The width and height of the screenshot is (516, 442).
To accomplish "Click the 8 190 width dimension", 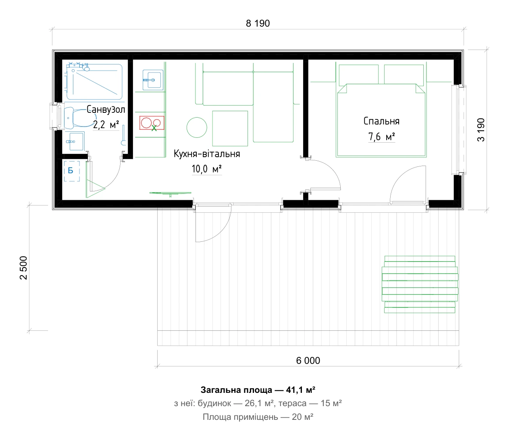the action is click(x=258, y=23).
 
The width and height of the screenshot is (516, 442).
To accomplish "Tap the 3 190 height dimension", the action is click(x=481, y=130).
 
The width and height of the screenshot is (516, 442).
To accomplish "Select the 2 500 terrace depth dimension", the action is click(x=23, y=268).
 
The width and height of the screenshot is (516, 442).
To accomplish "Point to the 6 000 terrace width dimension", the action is click(x=308, y=361).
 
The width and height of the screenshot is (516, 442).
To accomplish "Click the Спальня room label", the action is click(x=381, y=121).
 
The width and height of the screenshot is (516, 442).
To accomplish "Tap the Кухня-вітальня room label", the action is click(x=207, y=154).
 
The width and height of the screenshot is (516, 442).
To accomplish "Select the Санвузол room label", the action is click(x=106, y=109).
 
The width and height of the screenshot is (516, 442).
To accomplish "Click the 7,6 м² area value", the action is click(x=381, y=137).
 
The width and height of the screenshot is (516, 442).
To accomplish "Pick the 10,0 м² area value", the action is click(x=207, y=169).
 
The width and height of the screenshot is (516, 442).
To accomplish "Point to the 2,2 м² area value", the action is click(x=106, y=124).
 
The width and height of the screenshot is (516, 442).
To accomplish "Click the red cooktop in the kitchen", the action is click(x=152, y=123).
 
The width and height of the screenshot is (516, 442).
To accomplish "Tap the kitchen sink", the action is click(x=153, y=80).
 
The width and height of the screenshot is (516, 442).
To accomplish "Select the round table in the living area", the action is click(x=197, y=128).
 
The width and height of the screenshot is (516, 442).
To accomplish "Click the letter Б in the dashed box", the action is click(x=71, y=171).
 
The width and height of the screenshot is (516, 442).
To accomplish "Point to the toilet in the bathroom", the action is click(x=75, y=117).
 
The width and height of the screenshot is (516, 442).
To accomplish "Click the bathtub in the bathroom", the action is click(x=94, y=82).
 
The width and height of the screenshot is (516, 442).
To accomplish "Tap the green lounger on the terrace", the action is click(x=420, y=284).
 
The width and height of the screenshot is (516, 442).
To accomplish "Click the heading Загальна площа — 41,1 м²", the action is click(x=258, y=390).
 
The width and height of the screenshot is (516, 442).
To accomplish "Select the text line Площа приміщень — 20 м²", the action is click(x=258, y=417).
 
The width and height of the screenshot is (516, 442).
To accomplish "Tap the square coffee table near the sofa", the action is click(x=230, y=129).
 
